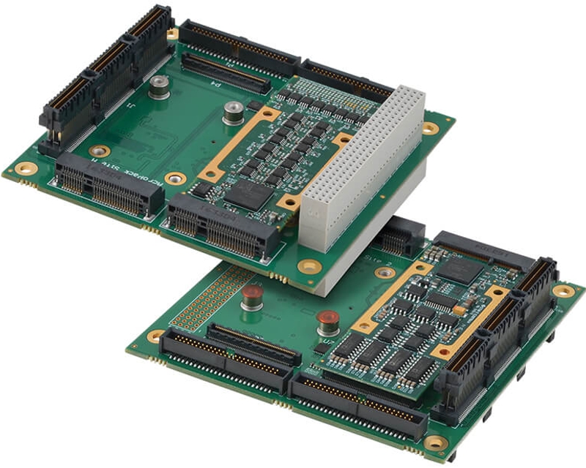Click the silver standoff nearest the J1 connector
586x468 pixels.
pyautogui.click(x=157, y=87)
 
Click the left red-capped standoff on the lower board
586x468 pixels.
pyautogui.click(x=252, y=296)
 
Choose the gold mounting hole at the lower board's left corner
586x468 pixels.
pyautogui.click(x=155, y=336)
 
